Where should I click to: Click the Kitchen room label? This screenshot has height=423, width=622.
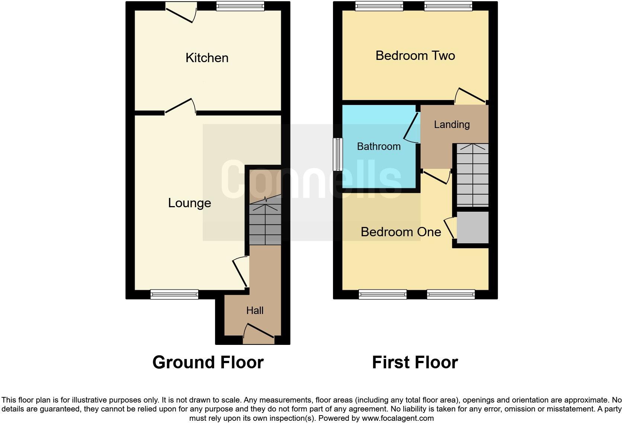coord(207,58)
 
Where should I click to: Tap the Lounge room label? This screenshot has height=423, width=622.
coord(189,203)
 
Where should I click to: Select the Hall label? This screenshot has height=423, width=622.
coord(255,310)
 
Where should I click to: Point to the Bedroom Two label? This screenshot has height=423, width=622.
coord(415,56)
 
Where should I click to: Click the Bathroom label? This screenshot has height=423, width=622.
coord(379,147)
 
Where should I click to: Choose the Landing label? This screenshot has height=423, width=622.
coord(452,125)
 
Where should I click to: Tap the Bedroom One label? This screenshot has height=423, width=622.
coord(401,232)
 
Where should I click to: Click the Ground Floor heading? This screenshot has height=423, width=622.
coord(208,362)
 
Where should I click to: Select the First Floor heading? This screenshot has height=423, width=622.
coord(415,362)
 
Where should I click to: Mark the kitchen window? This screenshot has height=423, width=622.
coord(240,6)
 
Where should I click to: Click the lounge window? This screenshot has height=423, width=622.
coord(174,295)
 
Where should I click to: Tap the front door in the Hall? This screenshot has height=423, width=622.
coord(259,333)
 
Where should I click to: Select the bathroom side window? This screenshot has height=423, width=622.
coord(338,154)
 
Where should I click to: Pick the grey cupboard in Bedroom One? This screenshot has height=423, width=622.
coord(472,227)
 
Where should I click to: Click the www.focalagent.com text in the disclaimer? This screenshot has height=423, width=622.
coord(398,418)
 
